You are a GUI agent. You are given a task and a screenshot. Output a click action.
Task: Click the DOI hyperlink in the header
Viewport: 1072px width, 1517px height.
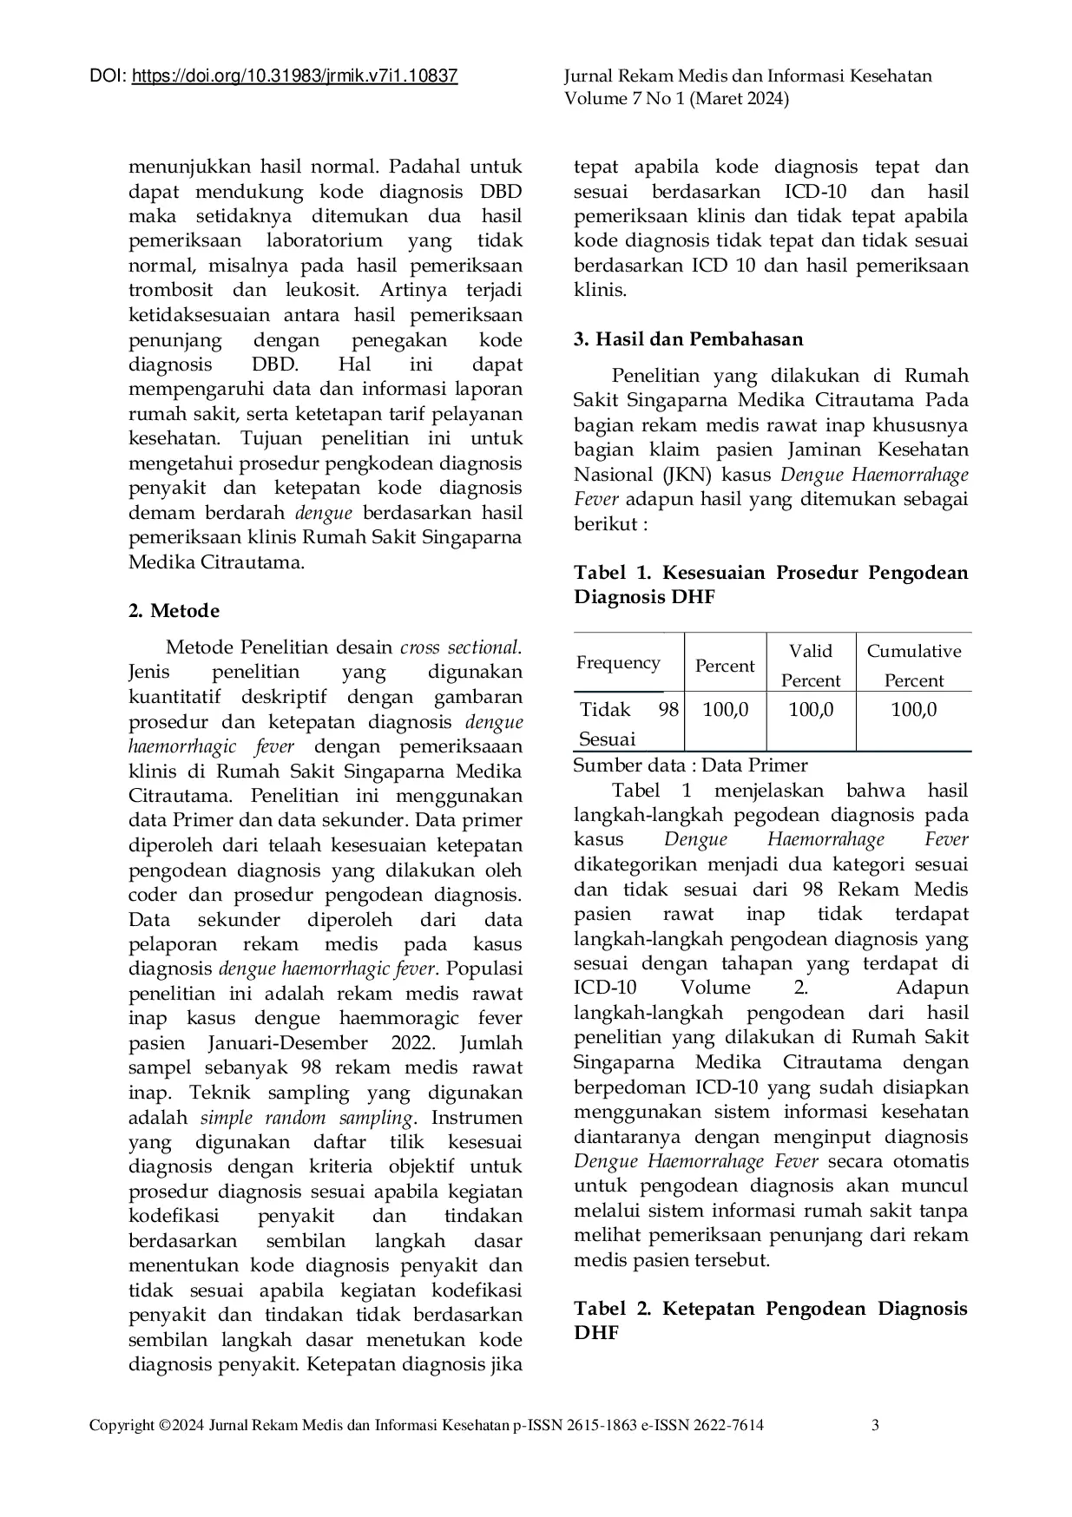click(294, 76)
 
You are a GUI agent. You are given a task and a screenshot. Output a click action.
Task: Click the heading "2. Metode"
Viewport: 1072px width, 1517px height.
click(174, 611)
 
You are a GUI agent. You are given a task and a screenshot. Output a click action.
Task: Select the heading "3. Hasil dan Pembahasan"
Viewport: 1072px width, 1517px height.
click(687, 339)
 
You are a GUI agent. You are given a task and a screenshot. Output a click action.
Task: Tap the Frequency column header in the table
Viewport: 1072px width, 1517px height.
click(618, 663)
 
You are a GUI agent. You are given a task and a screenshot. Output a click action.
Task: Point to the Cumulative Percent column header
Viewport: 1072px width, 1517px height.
click(913, 665)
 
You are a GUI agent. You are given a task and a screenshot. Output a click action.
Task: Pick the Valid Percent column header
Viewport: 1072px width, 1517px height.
click(810, 665)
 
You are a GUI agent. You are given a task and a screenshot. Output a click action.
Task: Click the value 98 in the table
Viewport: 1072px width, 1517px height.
click(668, 710)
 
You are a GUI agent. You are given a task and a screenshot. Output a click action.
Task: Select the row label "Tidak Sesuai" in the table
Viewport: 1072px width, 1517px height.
click(607, 724)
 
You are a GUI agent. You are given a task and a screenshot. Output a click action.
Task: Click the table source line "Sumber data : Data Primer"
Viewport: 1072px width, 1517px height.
click(690, 765)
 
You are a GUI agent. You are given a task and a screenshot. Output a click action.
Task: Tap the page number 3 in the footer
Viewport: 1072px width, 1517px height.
click(876, 1424)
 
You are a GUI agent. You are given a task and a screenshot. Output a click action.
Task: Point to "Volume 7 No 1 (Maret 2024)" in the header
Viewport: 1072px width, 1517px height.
click(676, 99)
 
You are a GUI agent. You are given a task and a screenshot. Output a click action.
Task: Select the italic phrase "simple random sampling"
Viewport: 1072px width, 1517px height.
click(306, 1117)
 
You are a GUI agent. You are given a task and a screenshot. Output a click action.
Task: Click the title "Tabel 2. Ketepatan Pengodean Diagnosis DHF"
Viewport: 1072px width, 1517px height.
click(770, 1320)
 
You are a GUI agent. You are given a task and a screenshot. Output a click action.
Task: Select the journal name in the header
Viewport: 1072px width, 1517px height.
click(747, 76)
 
